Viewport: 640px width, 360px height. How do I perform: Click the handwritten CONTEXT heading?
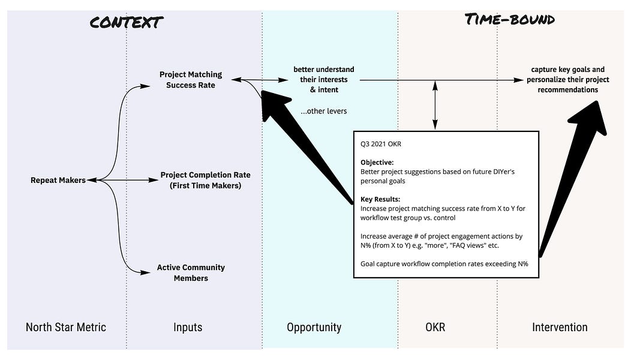[x=127, y=23]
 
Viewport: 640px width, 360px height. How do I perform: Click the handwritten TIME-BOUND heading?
[x=510, y=19]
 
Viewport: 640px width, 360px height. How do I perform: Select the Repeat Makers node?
[x=58, y=180]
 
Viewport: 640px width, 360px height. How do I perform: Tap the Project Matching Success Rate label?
[x=190, y=80]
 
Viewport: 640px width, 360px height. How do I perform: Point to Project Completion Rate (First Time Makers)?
[x=205, y=180]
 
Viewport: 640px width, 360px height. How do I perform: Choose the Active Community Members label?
[x=191, y=272]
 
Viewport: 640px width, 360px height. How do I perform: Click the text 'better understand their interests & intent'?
[x=324, y=79]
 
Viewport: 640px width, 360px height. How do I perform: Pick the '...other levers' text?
[x=324, y=111]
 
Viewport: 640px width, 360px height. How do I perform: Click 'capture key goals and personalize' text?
[x=567, y=79]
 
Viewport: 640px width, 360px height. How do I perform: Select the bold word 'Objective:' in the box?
[x=377, y=163]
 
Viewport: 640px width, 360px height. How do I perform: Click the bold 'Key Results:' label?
[x=380, y=198]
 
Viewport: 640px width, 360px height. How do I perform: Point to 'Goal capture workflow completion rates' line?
[x=444, y=263]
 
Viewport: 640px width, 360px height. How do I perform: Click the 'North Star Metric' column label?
[x=65, y=327]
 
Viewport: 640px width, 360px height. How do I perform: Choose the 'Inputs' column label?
[x=188, y=327]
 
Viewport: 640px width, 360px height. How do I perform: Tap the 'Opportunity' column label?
[x=314, y=327]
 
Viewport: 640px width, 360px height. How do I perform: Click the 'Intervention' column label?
[x=560, y=327]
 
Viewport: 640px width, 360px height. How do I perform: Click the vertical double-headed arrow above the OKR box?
[x=435, y=104]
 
